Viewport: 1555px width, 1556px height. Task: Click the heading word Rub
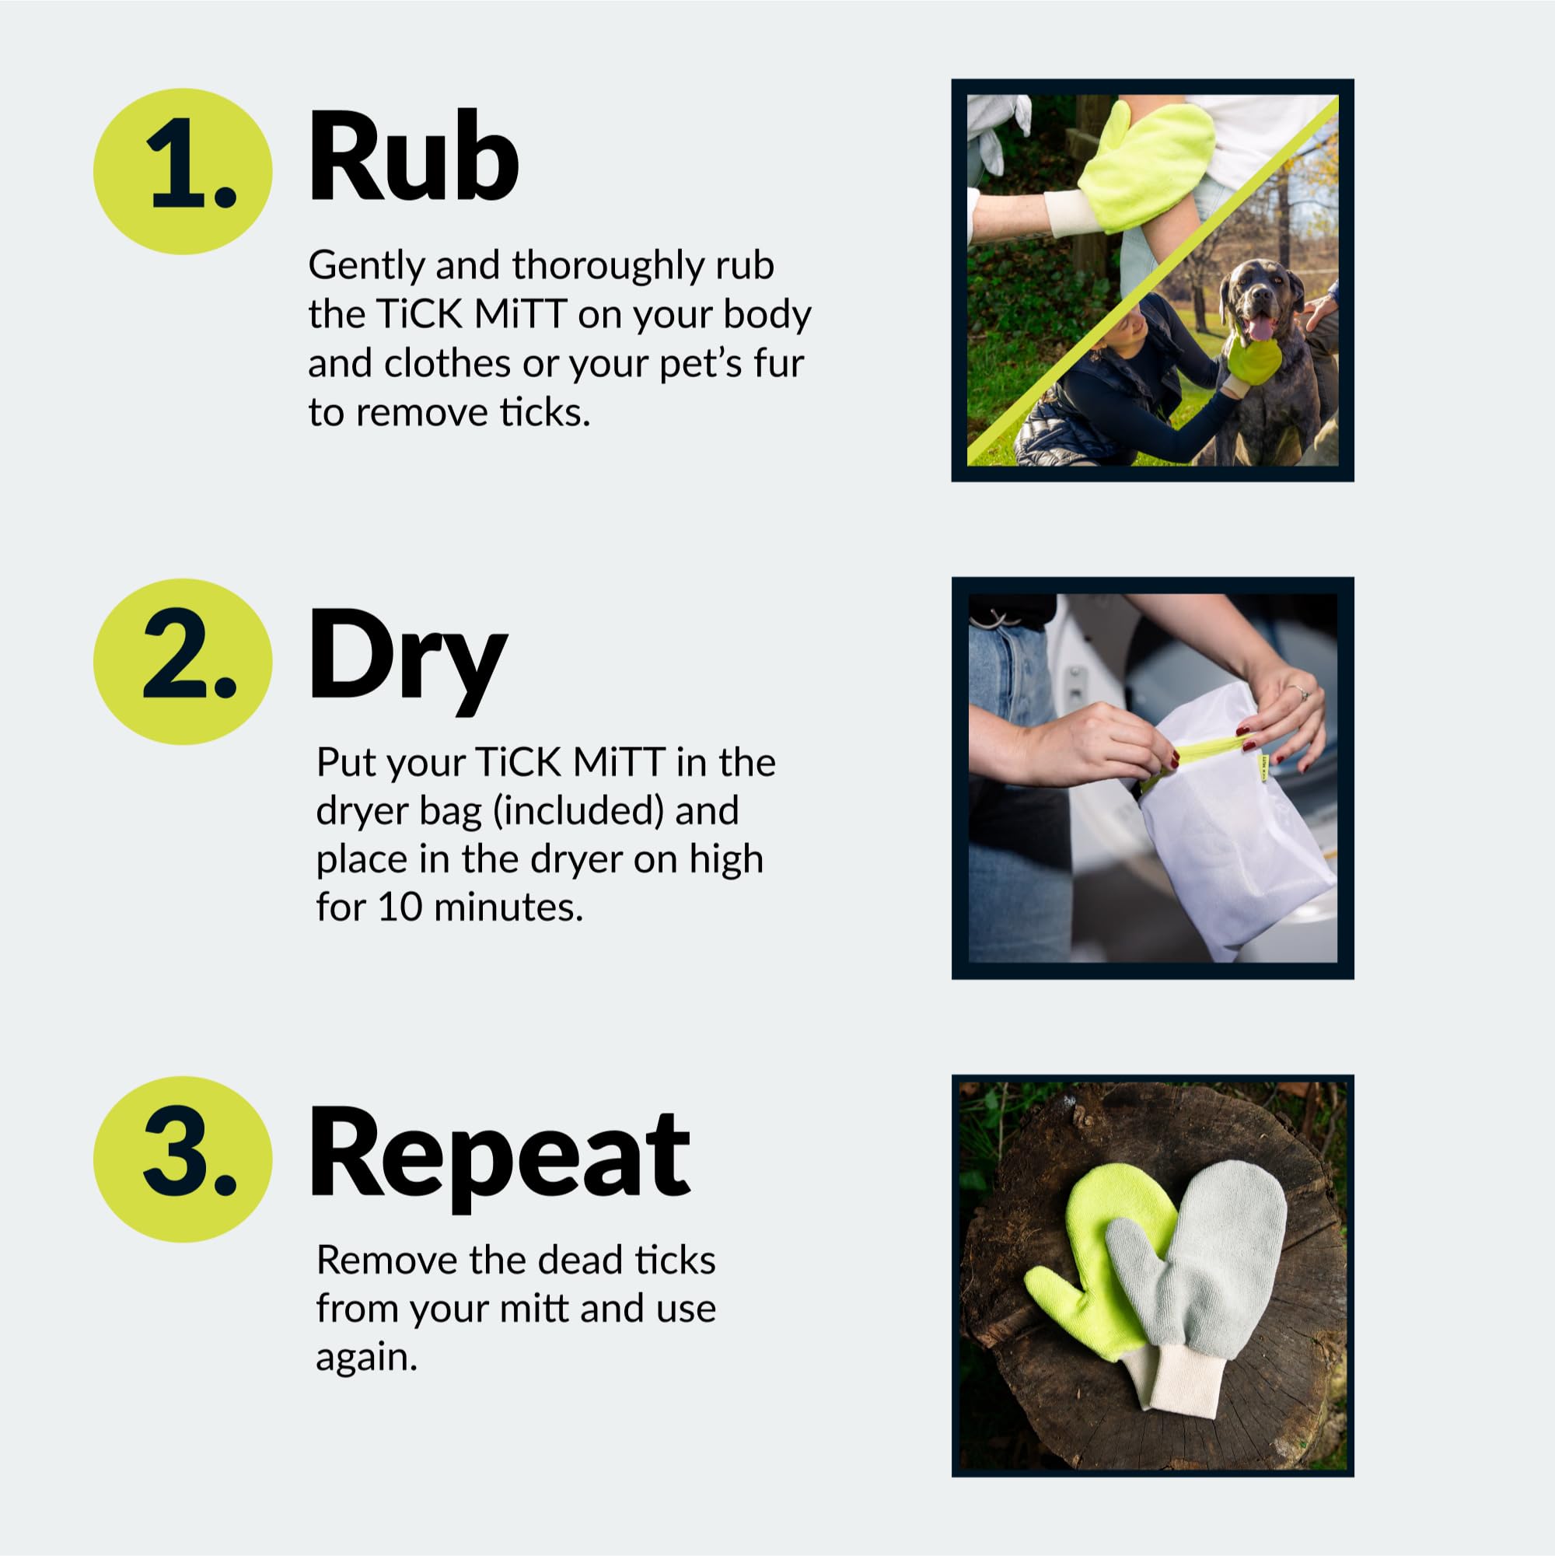413,156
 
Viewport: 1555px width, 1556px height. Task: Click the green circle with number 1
183,172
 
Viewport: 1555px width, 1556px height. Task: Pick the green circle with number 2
183,661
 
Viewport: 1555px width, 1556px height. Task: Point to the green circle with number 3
183,1159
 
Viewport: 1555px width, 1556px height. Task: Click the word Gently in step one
365,267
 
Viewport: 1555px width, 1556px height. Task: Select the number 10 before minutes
400,907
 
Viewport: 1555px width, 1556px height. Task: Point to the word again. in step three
366,1358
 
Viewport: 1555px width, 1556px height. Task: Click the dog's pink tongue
1260,328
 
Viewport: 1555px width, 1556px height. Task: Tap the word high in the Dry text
725,858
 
